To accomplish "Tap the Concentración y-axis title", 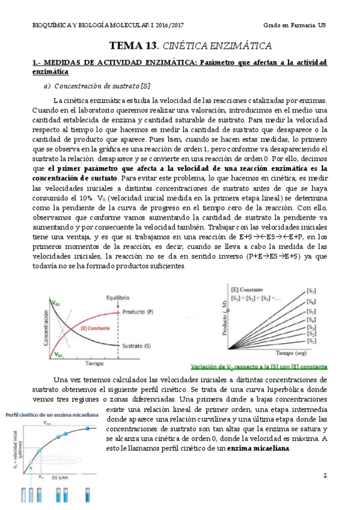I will coord(45,328).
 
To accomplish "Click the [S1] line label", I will coord(311,341).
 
